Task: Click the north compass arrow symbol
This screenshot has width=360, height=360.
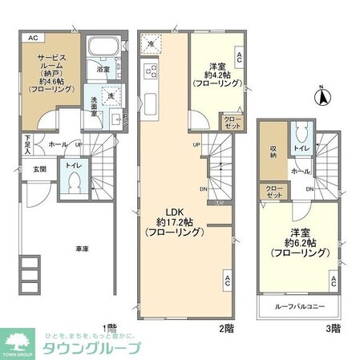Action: coord(322,97)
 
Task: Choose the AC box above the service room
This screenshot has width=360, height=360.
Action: coord(32,38)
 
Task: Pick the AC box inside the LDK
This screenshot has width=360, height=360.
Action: coord(228,281)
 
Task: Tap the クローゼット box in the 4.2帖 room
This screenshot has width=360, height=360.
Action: coord(233,123)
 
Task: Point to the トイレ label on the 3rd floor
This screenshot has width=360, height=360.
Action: coord(301,148)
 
